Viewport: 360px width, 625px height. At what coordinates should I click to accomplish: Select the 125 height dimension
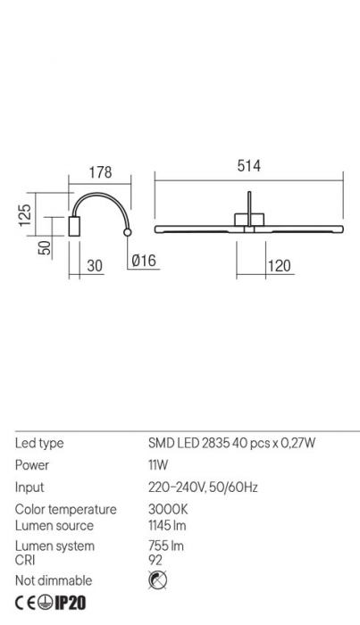26,213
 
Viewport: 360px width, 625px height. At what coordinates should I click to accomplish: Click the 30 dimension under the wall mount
95,265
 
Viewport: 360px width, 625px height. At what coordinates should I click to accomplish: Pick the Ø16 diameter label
144,262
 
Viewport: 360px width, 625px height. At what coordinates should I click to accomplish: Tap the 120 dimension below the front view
280,265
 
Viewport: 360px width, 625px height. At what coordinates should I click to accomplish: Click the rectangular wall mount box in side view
75,227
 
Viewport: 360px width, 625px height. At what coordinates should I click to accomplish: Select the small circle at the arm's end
129,233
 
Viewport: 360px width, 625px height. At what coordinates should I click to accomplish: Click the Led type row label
39,443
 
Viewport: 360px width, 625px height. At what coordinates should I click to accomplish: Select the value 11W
158,465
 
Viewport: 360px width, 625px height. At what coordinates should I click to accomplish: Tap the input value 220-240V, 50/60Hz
202,487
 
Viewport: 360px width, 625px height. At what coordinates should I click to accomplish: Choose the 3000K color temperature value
167,510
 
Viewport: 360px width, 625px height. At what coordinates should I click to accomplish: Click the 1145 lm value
167,525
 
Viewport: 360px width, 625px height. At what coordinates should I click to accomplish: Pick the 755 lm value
164,546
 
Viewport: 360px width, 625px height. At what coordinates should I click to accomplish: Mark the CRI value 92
155,560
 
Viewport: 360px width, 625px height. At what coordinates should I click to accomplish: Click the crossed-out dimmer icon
155,581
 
